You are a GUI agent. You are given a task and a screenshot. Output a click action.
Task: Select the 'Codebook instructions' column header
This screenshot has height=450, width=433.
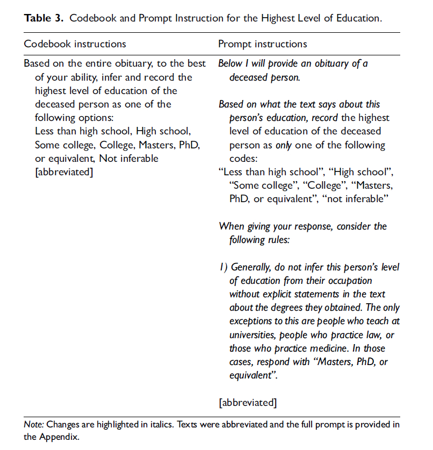(75, 44)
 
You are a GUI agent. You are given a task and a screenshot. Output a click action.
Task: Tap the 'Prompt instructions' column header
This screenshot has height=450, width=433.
(263, 44)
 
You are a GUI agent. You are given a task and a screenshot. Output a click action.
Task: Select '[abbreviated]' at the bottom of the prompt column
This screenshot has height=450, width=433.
(248, 402)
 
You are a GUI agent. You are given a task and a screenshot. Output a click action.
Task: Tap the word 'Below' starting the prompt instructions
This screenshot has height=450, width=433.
(230, 63)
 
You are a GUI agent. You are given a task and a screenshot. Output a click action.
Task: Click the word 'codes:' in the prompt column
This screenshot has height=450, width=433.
(244, 159)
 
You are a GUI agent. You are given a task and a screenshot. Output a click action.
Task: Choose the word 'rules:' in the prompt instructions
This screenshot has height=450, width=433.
(276, 240)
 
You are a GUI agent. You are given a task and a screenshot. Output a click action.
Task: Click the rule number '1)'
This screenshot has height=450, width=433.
(223, 267)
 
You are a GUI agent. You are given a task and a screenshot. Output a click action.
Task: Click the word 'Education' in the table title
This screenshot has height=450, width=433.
(358, 18)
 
